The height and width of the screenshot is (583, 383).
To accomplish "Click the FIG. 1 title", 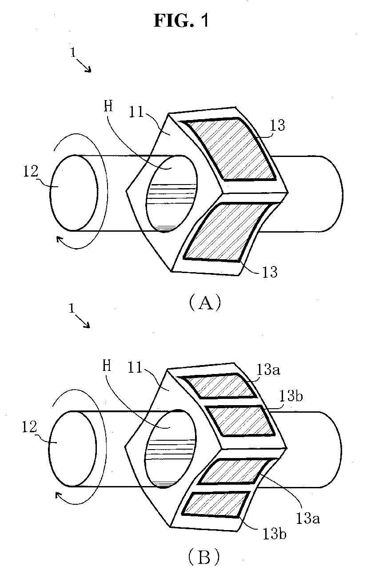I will click(181, 21).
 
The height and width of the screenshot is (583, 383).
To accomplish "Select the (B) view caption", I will click(204, 557).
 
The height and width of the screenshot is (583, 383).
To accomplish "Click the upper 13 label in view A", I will click(277, 126).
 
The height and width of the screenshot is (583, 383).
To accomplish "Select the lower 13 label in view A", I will click(269, 271).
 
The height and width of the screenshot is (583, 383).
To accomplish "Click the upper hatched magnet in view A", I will click(231, 150).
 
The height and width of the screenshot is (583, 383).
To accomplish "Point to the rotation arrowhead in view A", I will click(59, 241).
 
